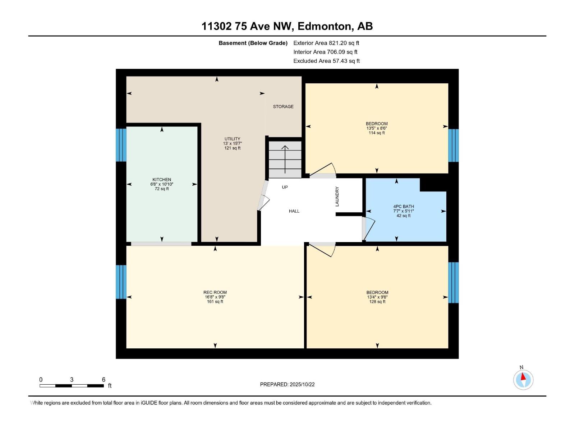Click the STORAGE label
[x=283, y=107]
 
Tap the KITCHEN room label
[x=162, y=180]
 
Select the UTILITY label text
[x=233, y=139]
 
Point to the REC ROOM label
[x=215, y=292]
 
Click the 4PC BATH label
[x=404, y=207]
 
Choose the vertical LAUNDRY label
[x=337, y=196]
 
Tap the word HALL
[x=294, y=211]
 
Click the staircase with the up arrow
[x=285, y=159]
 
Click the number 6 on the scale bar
[x=104, y=379]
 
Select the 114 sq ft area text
[x=377, y=133]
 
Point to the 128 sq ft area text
[x=377, y=301]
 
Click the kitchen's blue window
[x=121, y=145]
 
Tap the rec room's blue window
[x=121, y=282]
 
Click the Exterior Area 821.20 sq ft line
[x=326, y=43]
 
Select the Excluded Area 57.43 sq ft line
[x=326, y=61]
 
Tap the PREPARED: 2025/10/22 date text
[x=287, y=384]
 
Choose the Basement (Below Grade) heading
[x=253, y=43]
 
